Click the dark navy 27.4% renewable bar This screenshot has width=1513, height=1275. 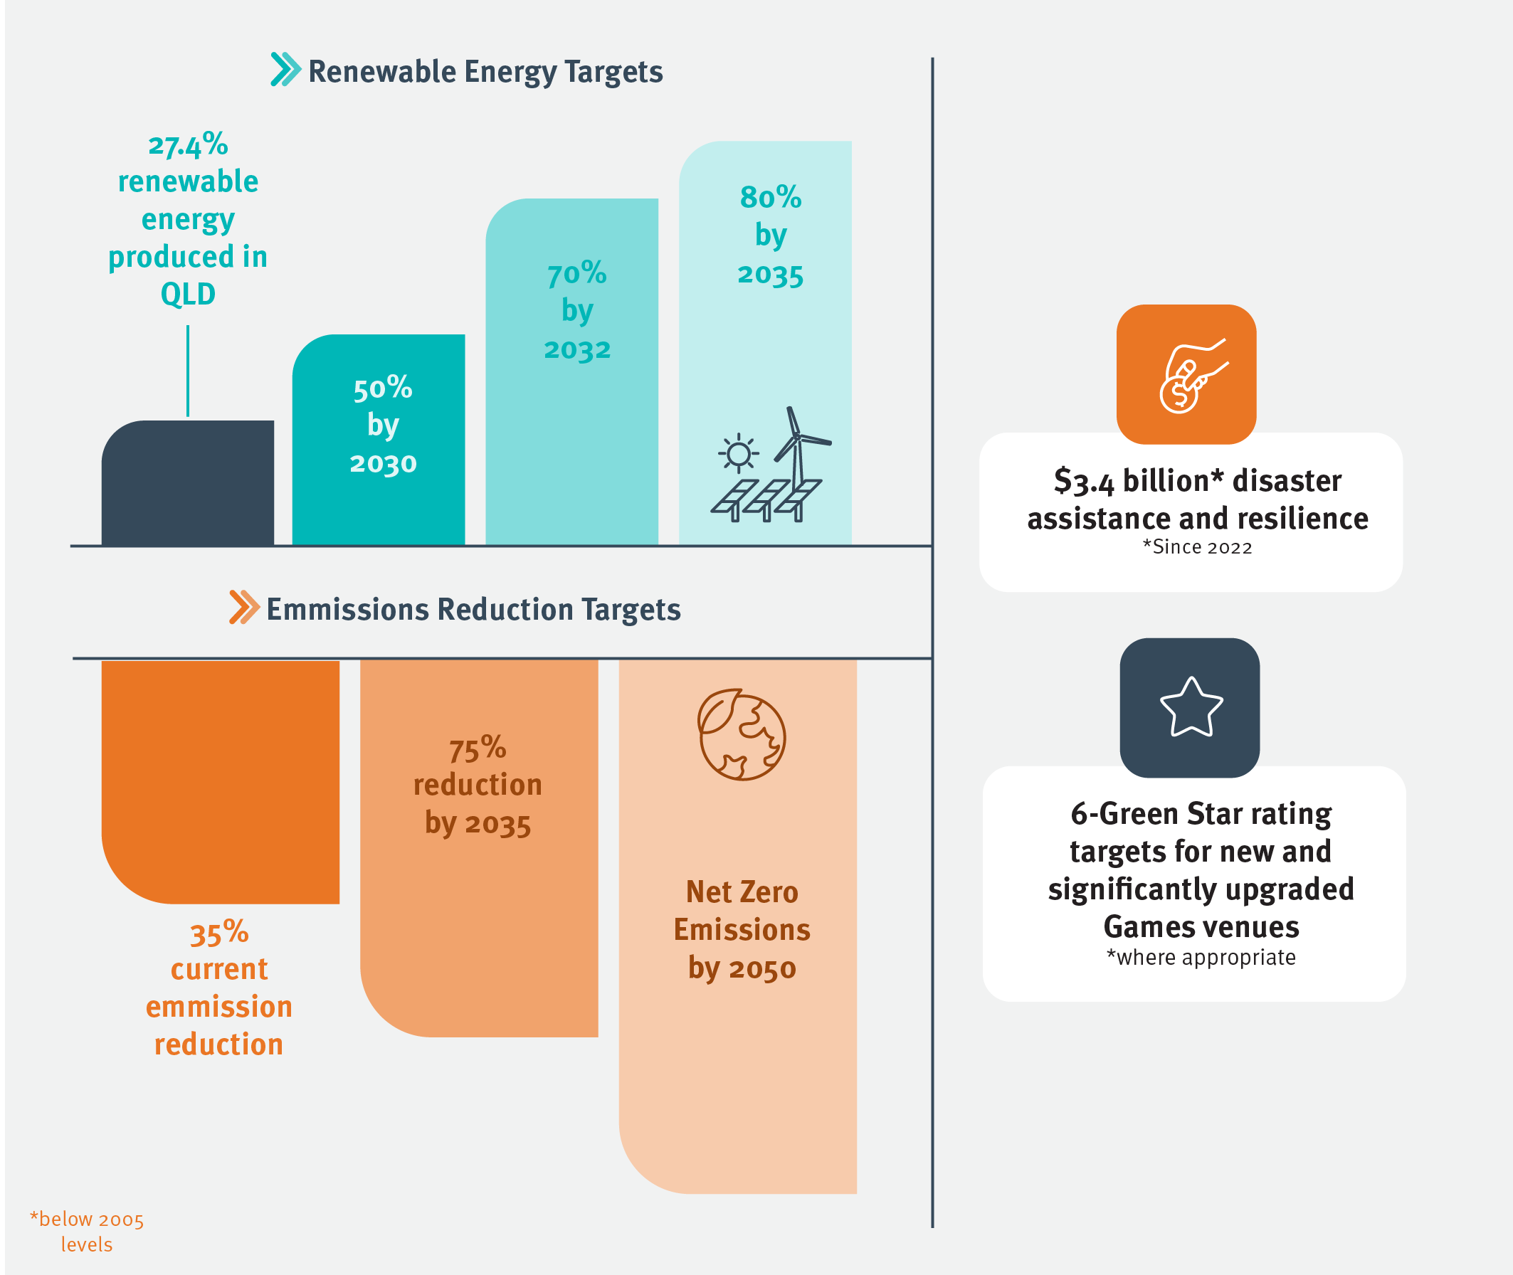187,483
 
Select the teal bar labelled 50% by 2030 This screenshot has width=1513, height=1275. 378,440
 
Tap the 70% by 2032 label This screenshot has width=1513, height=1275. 577,311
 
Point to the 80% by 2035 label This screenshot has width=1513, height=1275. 770,236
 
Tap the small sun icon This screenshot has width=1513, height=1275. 738,454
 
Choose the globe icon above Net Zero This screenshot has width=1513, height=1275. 741,734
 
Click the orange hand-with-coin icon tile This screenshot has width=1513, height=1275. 1186,374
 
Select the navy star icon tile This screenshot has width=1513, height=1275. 1190,708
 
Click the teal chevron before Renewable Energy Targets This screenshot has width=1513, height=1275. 285,70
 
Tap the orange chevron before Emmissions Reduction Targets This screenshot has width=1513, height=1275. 244,607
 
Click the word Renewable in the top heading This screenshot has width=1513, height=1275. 382,72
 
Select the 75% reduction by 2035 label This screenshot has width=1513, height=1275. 478,785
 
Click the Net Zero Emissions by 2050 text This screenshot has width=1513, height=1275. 742,929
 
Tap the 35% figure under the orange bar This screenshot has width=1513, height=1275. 219,932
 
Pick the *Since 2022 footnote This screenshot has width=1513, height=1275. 1197,547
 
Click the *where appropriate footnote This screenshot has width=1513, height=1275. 1201,957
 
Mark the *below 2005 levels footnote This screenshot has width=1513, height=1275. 87,1232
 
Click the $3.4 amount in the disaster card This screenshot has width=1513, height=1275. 1084,482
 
